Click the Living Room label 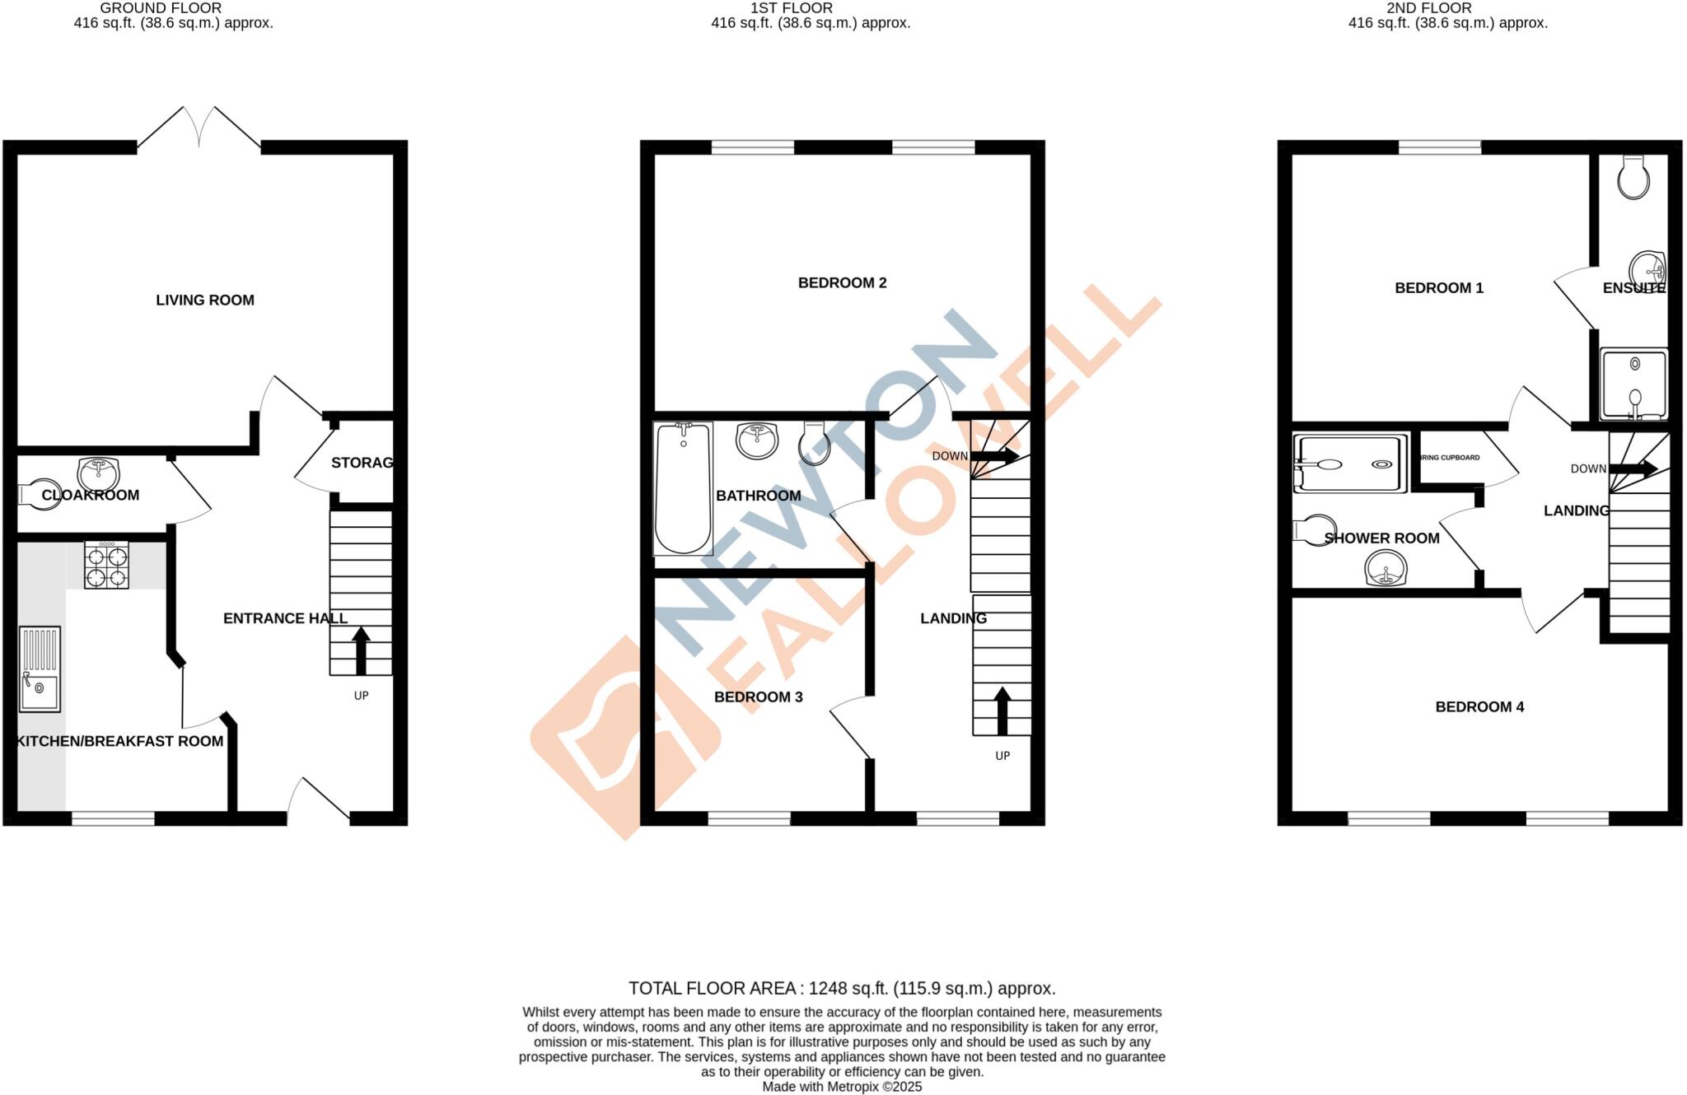205,301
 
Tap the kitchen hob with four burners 106,565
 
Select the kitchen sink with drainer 40,669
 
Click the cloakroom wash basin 98,474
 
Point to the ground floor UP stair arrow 360,650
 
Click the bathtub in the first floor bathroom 683,489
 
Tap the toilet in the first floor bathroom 814,445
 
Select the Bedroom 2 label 842,283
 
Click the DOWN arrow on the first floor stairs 994,456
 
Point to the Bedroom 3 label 758,697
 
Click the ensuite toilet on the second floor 1633,178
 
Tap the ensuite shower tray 1633,384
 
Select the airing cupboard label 1451,458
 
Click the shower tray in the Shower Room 1349,464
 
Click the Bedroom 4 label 1479,707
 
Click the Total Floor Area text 842,988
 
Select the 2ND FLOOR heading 1428,8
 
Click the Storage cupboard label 362,463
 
